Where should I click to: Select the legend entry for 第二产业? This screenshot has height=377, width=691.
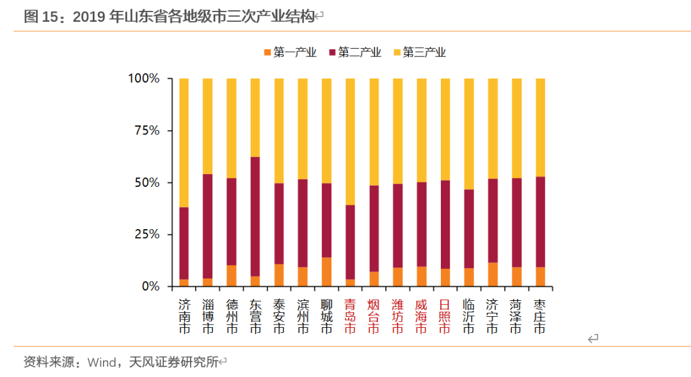pyautogui.click(x=354, y=52)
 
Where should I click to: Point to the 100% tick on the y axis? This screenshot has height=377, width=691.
pyautogui.click(x=144, y=79)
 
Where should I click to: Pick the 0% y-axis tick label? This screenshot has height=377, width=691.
pyautogui.click(x=150, y=286)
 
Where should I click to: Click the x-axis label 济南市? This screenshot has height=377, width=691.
pyautogui.click(x=184, y=316)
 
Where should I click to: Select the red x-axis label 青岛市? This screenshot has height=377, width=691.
pyautogui.click(x=350, y=316)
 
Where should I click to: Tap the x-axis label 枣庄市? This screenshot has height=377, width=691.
pyautogui.click(x=539, y=316)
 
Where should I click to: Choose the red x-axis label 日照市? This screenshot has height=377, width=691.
pyautogui.click(x=445, y=316)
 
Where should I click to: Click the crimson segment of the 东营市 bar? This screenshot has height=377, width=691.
pyautogui.click(x=255, y=216)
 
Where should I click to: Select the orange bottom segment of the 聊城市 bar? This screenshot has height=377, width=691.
pyautogui.click(x=326, y=271)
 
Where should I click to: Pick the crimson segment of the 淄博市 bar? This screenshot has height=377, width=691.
pyautogui.click(x=208, y=226)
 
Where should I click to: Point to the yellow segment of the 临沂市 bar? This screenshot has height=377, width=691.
pyautogui.click(x=468, y=134)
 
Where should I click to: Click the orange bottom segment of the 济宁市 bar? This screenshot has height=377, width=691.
pyautogui.click(x=492, y=274)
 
